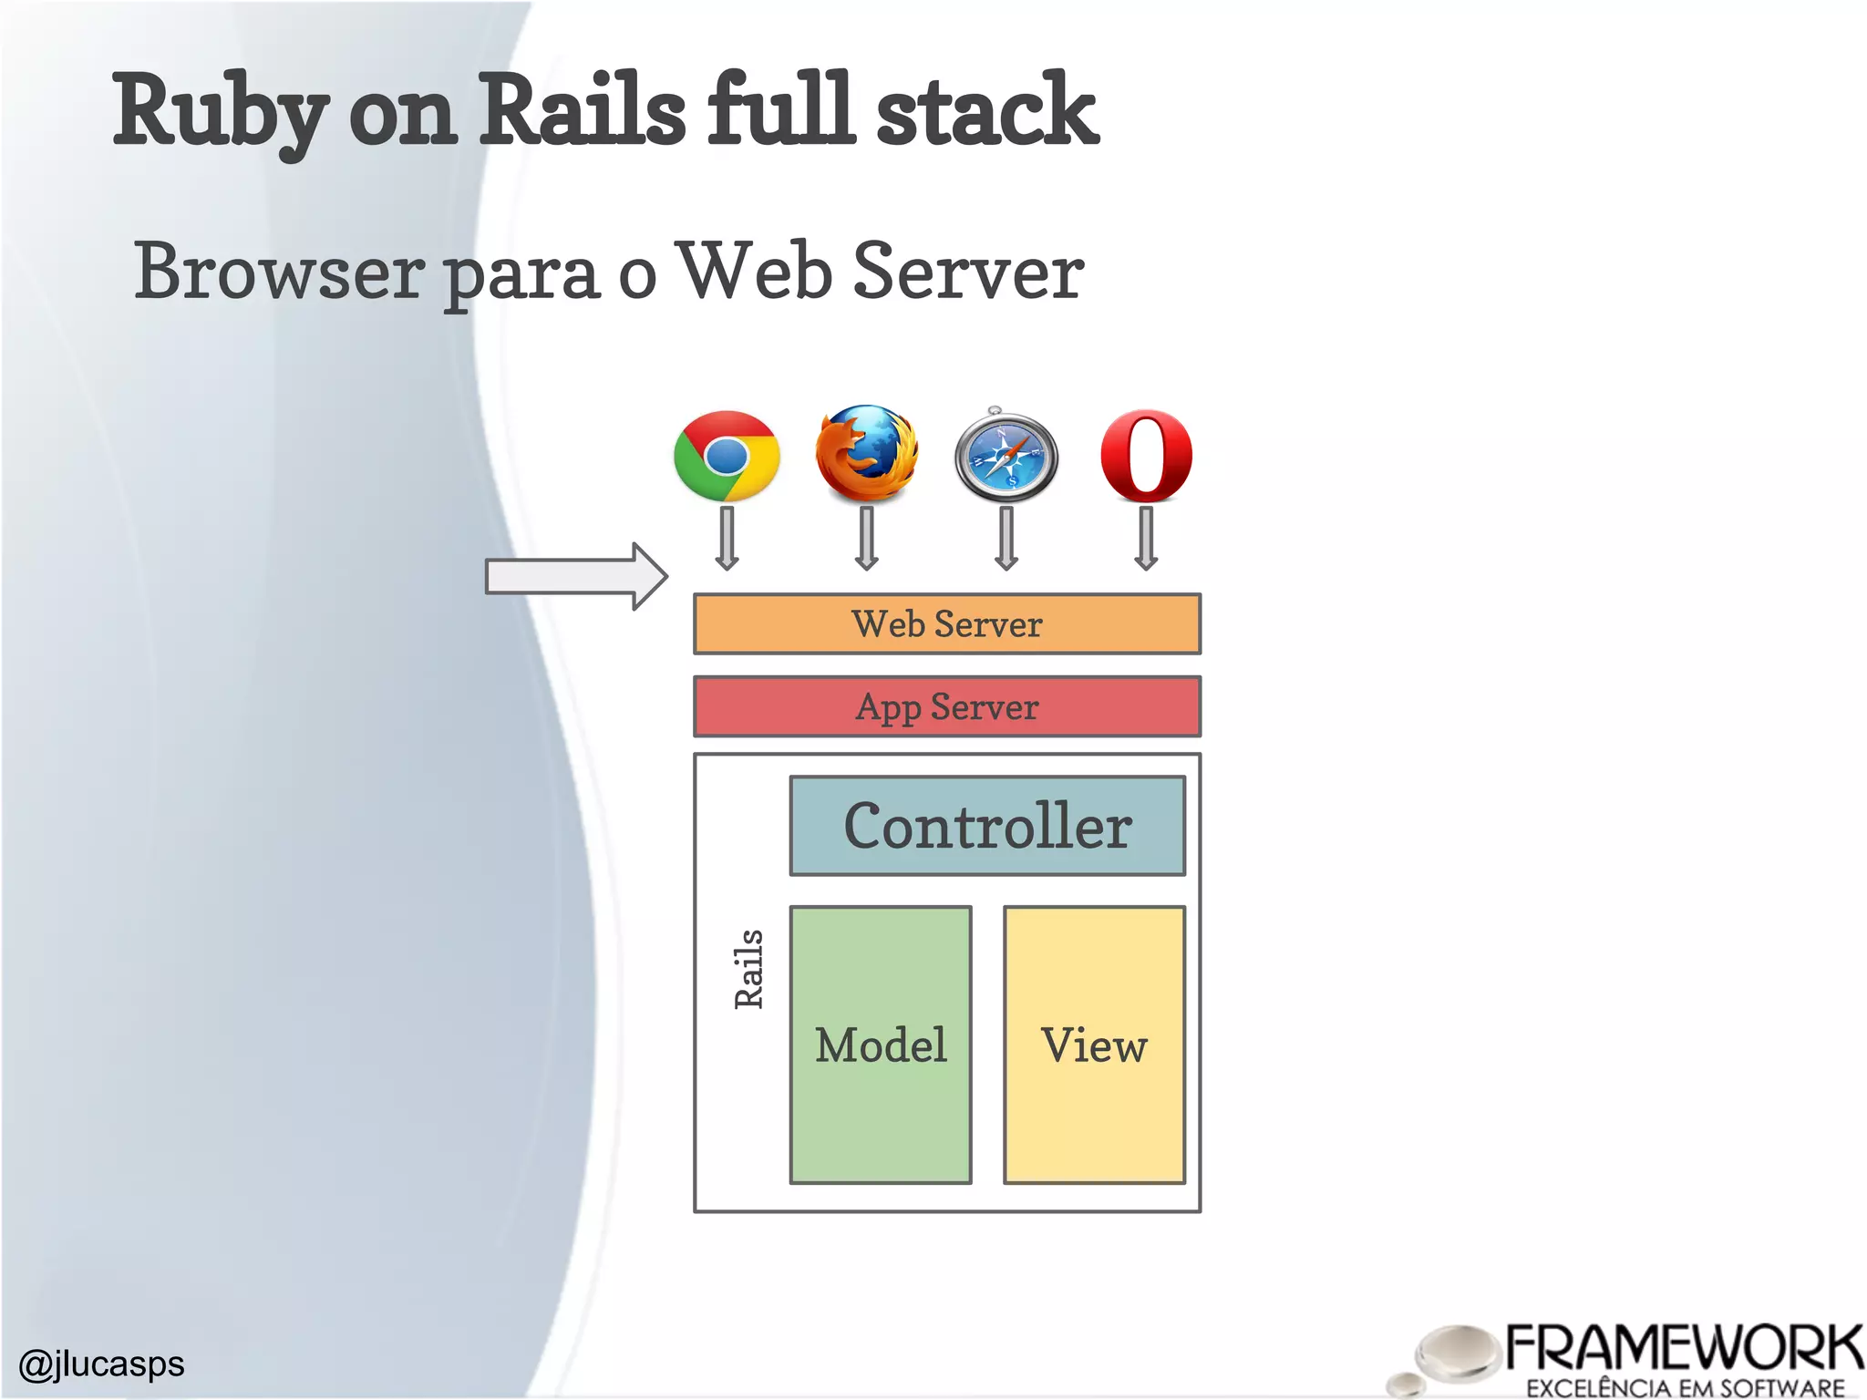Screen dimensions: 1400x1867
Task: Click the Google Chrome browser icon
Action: point(727,456)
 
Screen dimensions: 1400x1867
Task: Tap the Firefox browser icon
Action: point(866,454)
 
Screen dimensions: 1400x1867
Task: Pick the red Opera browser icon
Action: point(1146,456)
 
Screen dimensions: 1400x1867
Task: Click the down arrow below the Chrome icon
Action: point(727,538)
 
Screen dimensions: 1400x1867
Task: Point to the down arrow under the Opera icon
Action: point(1146,538)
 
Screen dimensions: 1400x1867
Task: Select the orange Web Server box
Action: point(947,624)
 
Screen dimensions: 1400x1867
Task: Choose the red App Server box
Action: point(947,706)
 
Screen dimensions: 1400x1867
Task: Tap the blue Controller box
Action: point(987,826)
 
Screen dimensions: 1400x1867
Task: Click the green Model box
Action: point(881,1045)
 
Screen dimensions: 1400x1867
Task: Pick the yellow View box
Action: point(1094,1045)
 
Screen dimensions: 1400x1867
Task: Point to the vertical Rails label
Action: point(748,969)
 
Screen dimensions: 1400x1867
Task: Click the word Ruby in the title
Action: point(220,111)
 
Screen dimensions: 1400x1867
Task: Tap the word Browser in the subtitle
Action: point(279,272)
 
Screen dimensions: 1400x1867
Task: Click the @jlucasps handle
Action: point(101,1364)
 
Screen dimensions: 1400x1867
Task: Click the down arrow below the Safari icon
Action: point(1006,538)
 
